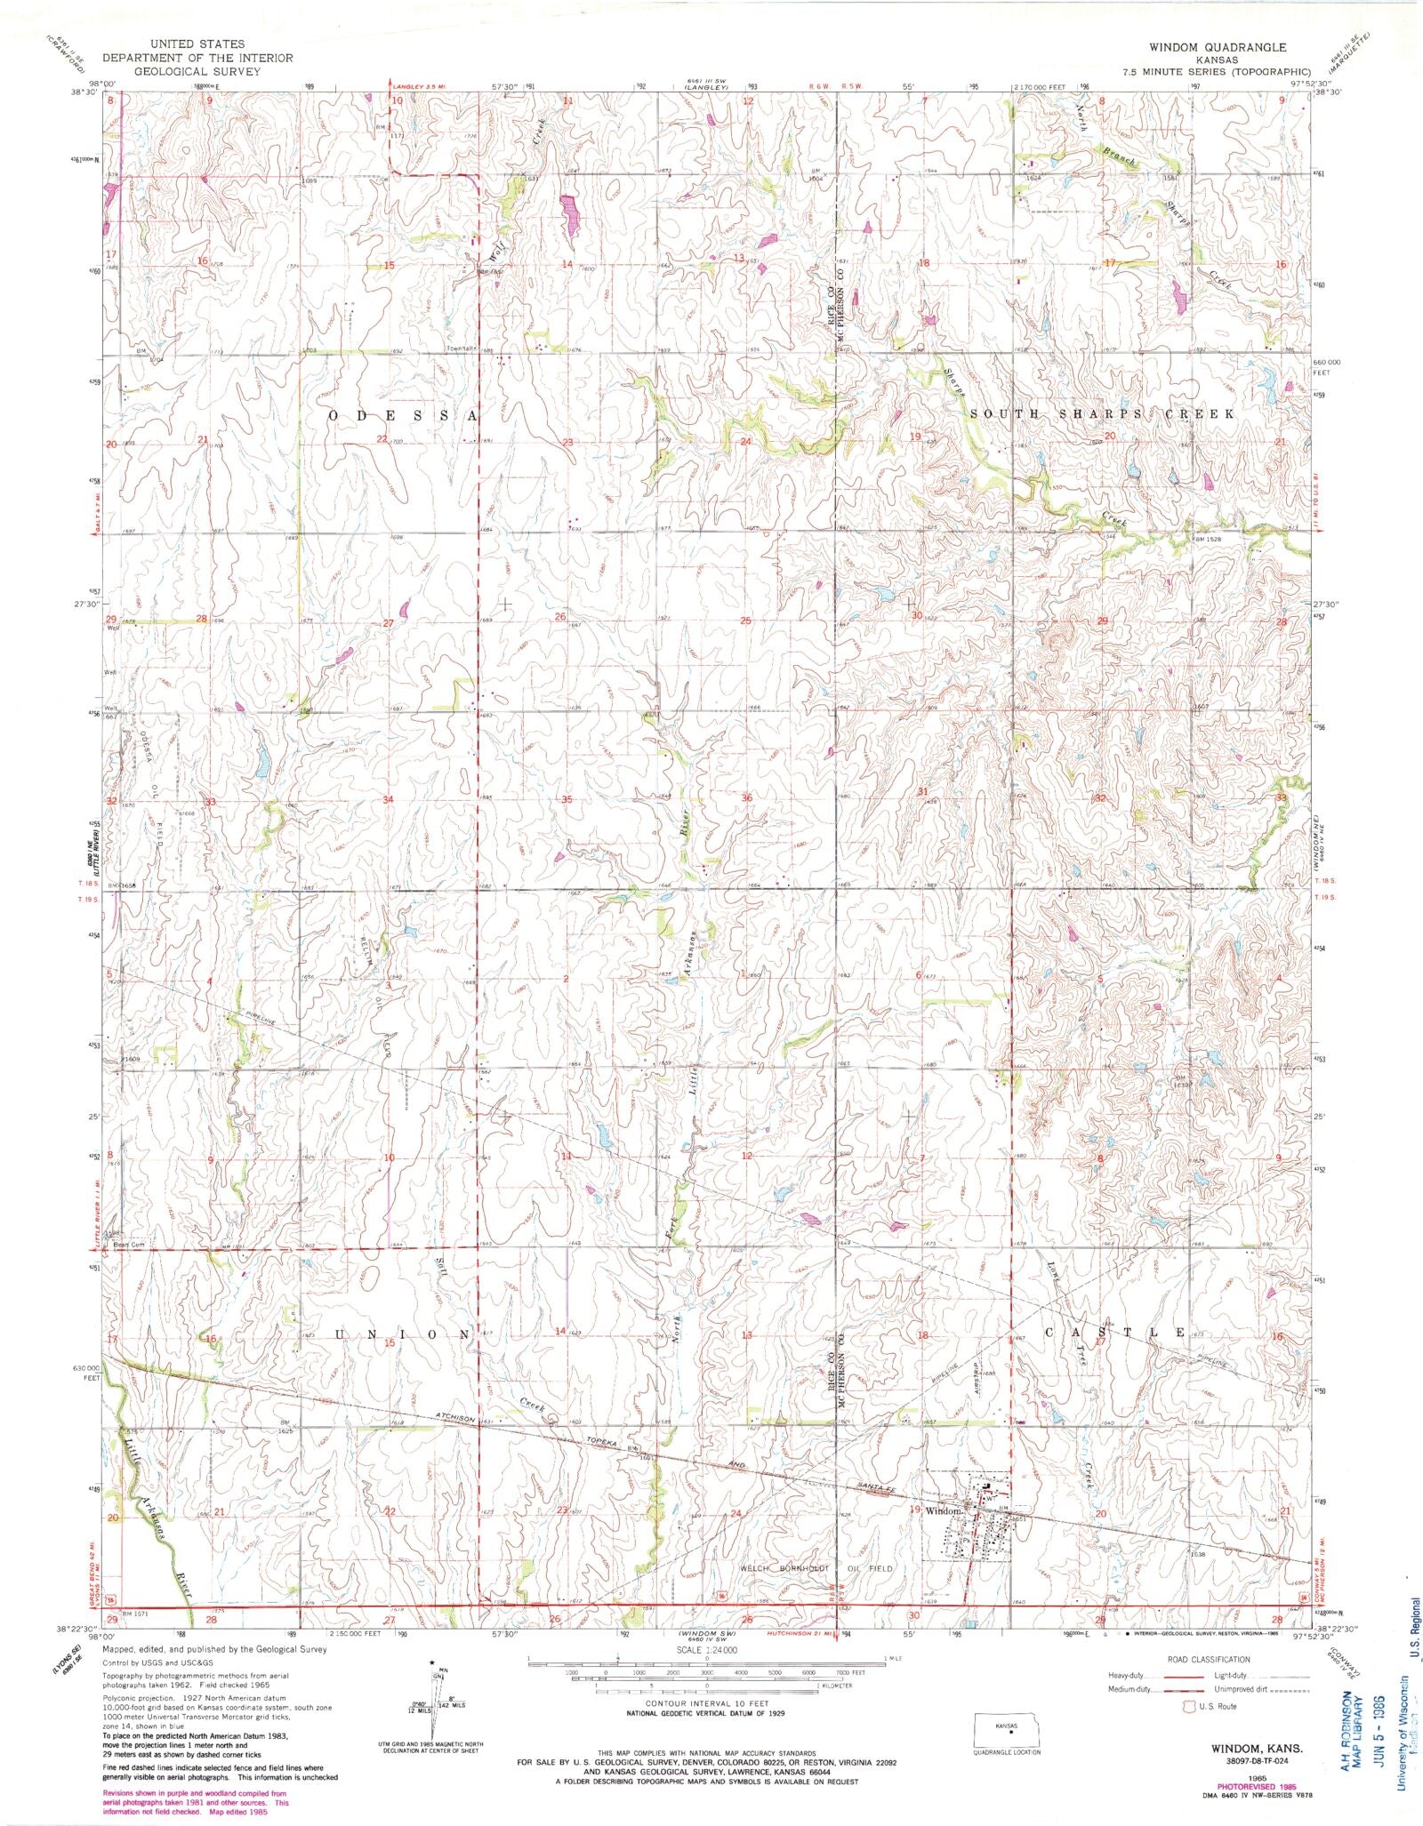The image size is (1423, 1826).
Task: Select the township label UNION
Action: click(401, 1334)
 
